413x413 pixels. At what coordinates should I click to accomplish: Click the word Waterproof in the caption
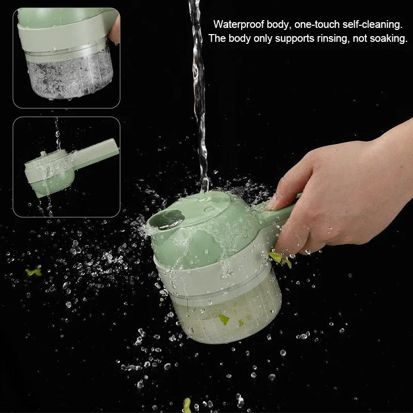(239, 24)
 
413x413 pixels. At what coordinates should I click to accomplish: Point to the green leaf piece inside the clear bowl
(224, 319)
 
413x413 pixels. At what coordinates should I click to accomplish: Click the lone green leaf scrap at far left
(34, 272)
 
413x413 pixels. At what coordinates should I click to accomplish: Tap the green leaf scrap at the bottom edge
(187, 405)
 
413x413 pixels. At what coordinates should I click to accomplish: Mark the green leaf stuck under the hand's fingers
(280, 259)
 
